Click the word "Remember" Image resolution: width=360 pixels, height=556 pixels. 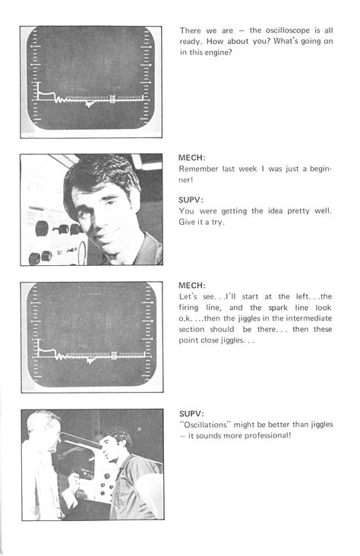tap(200, 171)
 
